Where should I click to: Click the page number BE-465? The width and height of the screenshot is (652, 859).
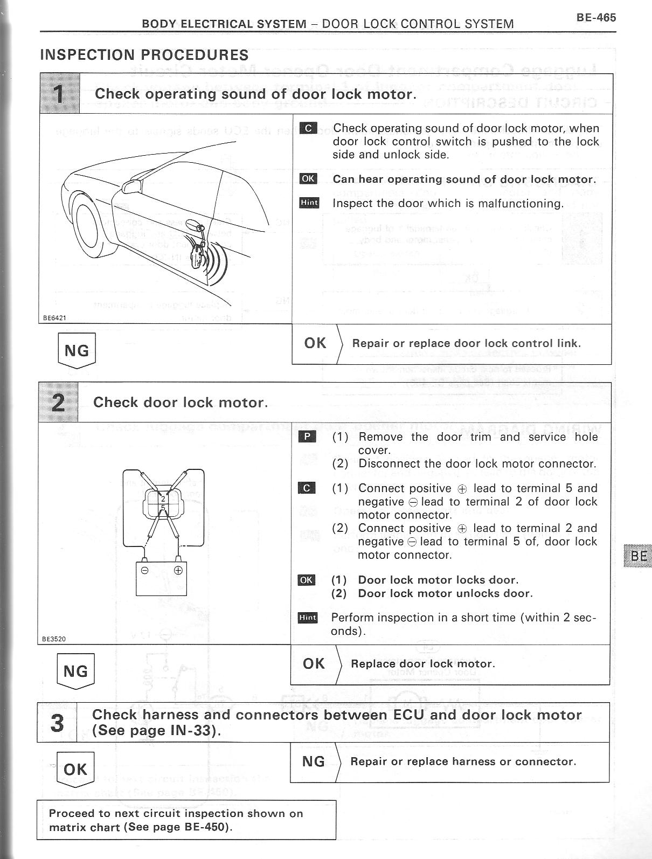click(x=595, y=17)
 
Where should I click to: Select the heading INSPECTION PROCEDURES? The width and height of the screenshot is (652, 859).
click(x=144, y=55)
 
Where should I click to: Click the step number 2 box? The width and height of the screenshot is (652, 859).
click(x=58, y=403)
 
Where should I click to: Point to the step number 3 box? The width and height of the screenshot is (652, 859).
click(x=57, y=723)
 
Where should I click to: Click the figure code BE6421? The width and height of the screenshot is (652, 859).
click(x=54, y=318)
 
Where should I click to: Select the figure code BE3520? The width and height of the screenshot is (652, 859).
click(x=54, y=639)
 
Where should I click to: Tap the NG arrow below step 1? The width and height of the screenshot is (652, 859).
click(x=77, y=351)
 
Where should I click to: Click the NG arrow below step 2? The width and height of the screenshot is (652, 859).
click(x=75, y=671)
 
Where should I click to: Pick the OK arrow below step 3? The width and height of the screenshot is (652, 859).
click(x=75, y=770)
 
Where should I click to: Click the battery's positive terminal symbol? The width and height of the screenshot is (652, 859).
click(x=178, y=570)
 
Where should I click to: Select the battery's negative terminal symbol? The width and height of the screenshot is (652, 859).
click(x=145, y=570)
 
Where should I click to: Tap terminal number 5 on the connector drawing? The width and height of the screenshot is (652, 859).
click(x=163, y=508)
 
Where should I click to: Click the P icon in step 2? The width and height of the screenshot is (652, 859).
click(x=307, y=437)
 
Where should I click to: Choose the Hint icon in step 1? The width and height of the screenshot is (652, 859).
click(x=309, y=203)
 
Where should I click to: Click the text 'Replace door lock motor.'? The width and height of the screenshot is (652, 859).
click(x=422, y=664)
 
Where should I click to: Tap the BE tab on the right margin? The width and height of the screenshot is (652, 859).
click(x=638, y=556)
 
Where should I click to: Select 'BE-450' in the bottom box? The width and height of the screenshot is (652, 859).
click(x=203, y=827)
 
